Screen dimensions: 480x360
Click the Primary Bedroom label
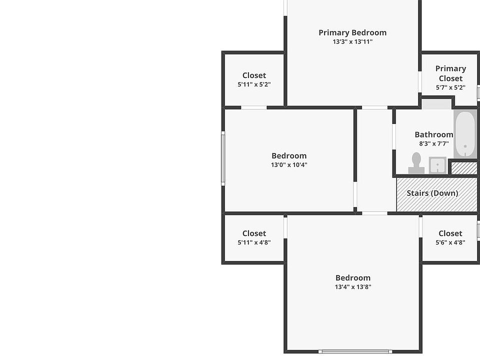click(352, 33)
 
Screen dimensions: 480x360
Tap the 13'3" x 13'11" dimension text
click(352, 41)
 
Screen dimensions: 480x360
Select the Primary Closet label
click(450, 73)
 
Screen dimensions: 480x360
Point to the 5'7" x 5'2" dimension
click(450, 87)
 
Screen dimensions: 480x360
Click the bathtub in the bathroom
click(465, 134)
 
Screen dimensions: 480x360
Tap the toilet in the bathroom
click(416, 163)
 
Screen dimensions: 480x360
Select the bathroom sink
click(437, 165)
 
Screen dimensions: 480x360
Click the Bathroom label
click(434, 134)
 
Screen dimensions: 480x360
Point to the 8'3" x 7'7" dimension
click(434, 143)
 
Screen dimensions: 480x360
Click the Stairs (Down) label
click(432, 193)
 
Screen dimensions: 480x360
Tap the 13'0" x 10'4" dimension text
click(289, 164)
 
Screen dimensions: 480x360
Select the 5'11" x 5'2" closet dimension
click(254, 84)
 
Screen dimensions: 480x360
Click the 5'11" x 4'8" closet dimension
click(254, 242)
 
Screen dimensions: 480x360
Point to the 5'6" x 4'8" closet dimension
click(450, 242)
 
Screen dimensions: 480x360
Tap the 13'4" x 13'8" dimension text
click(353, 287)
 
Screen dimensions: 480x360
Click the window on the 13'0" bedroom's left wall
click(223, 158)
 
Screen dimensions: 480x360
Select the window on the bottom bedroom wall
click(355, 351)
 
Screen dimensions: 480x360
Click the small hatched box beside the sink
click(464, 168)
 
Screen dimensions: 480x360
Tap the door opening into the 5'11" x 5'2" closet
click(254, 107)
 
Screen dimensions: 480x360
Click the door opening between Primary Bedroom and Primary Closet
click(420, 81)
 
